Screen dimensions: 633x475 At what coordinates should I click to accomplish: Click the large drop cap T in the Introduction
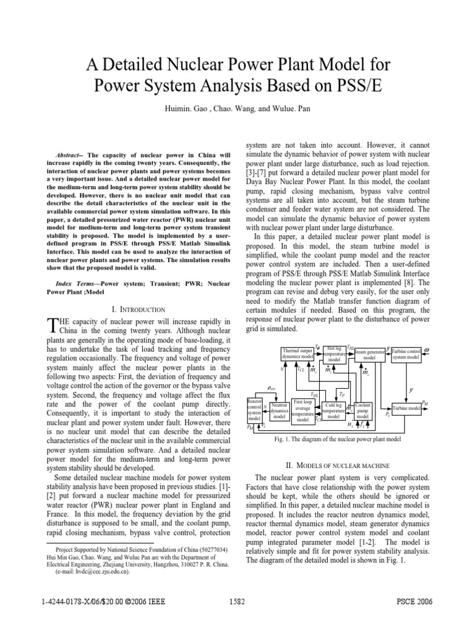click(52, 325)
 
